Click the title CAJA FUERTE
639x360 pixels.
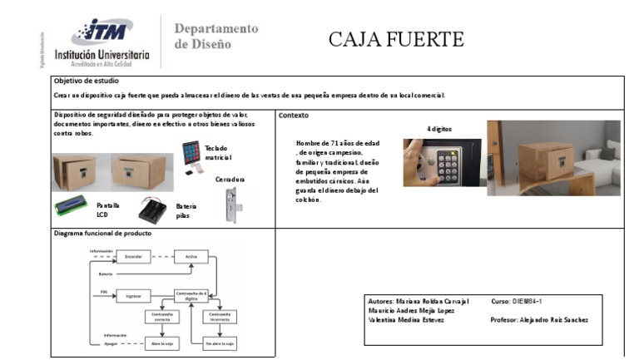point(395,39)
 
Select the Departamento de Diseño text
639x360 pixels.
point(215,36)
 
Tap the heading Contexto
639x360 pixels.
point(294,115)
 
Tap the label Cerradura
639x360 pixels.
point(230,179)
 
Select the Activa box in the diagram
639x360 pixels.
point(192,258)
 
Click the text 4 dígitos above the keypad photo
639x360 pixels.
point(440,129)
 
